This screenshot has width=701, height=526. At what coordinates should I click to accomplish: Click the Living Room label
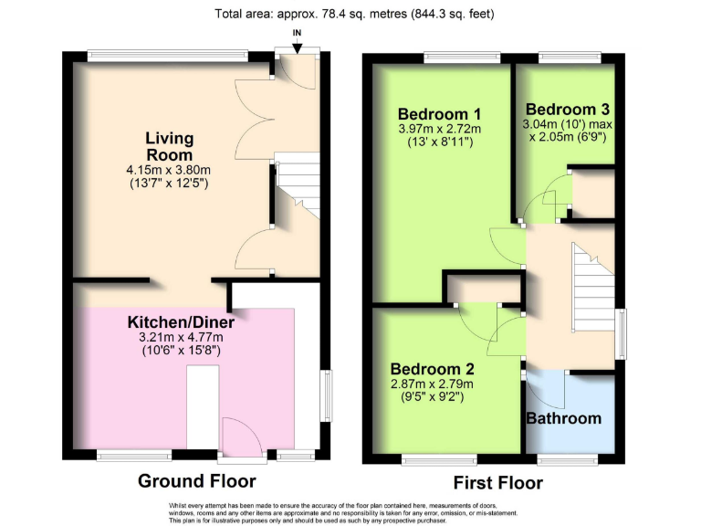(170, 146)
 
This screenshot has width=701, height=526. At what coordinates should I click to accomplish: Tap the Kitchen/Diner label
(181, 322)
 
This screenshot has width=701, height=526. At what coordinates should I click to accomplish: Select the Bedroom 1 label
(439, 113)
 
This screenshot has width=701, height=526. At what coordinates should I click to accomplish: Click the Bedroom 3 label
(567, 108)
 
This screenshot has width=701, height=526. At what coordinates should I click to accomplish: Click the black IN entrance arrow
(296, 45)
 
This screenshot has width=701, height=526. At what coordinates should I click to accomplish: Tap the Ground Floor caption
(196, 480)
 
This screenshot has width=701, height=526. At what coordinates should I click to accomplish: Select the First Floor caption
(498, 481)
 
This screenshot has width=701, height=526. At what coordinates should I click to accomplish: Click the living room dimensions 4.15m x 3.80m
(169, 170)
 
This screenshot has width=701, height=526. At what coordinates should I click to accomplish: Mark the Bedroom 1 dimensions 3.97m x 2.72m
(439, 129)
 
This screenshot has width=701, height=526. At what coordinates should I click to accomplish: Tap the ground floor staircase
(298, 187)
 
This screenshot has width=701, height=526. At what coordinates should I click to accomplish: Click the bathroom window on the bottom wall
(562, 456)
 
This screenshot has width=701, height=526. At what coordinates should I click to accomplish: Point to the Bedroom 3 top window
(568, 57)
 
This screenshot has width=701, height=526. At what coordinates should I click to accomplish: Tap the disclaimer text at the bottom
(350, 511)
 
